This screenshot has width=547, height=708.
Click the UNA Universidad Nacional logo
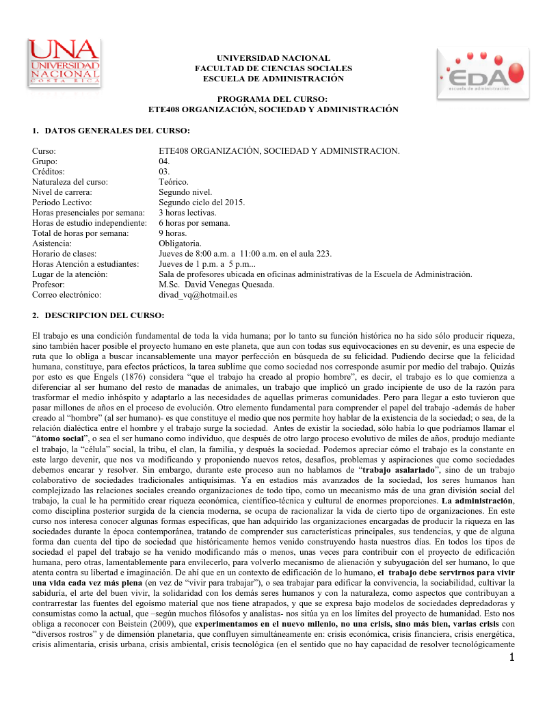click(x=64, y=63)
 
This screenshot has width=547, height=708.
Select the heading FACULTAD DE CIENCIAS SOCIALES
click(x=273, y=68)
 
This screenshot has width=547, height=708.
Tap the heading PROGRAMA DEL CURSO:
click(x=273, y=99)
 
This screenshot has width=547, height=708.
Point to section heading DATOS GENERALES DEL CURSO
click(x=116, y=130)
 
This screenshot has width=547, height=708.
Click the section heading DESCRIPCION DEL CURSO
click(x=104, y=315)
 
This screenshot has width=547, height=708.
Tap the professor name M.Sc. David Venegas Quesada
click(x=217, y=285)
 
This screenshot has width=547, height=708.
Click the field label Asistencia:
click(x=52, y=244)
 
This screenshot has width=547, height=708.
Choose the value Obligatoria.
click(x=180, y=244)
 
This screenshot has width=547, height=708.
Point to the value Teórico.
click(x=173, y=182)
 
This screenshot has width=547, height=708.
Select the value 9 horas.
click(x=172, y=233)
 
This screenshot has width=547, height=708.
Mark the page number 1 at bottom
click(x=510, y=658)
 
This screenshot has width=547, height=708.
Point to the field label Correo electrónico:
click(x=66, y=295)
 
